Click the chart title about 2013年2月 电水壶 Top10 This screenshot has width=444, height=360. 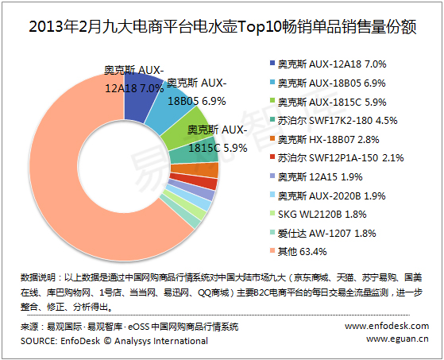coord(222,27)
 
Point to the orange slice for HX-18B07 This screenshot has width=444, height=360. coord(195,171)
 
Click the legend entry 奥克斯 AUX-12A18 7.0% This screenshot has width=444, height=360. coord(331,64)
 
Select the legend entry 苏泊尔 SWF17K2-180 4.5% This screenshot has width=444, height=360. coord(338,121)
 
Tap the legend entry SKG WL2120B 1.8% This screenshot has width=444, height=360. coord(322,215)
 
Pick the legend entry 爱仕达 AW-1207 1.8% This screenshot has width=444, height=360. coord(326,234)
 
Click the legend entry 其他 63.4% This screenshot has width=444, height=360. coord(302,251)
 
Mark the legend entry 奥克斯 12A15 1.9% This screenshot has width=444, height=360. coord(319,177)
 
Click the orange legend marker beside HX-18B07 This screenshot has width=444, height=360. coord(272,138)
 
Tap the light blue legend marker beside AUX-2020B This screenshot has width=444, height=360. coord(272,195)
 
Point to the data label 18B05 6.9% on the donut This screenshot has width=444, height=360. coord(197,101)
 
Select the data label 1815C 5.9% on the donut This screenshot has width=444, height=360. coord(218,148)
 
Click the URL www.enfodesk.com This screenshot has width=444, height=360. coord(387,326)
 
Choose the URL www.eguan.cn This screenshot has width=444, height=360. coord(397,339)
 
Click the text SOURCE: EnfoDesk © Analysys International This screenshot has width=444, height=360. coord(114,341)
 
